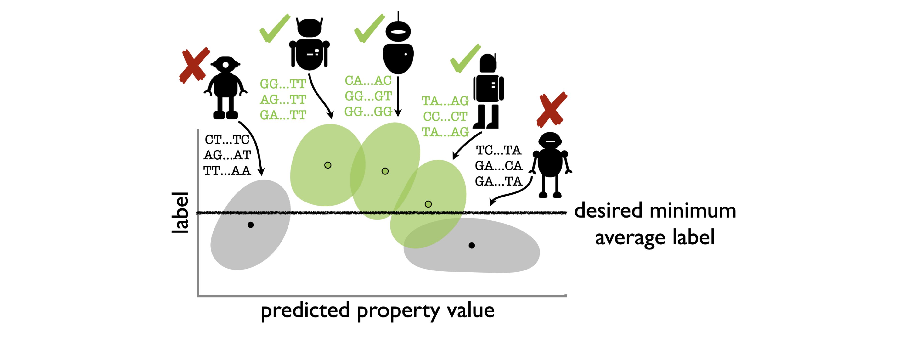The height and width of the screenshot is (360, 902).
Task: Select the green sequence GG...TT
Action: pos(283,84)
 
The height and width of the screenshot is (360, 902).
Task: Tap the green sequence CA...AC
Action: pos(368,80)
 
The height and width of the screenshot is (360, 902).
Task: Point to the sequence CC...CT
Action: pos(445,116)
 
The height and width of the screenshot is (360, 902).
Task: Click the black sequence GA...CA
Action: pos(499,166)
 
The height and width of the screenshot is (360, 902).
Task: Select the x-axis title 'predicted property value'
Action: pos(378,311)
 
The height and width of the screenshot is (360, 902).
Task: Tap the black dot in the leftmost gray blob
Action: pos(250,225)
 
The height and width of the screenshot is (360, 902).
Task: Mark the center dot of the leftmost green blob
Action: pos(328,165)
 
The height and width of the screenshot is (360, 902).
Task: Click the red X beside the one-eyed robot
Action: pos(194,66)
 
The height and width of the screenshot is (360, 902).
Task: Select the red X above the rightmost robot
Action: pos(552,110)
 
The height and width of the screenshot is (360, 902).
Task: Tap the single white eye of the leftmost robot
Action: pos(226,65)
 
